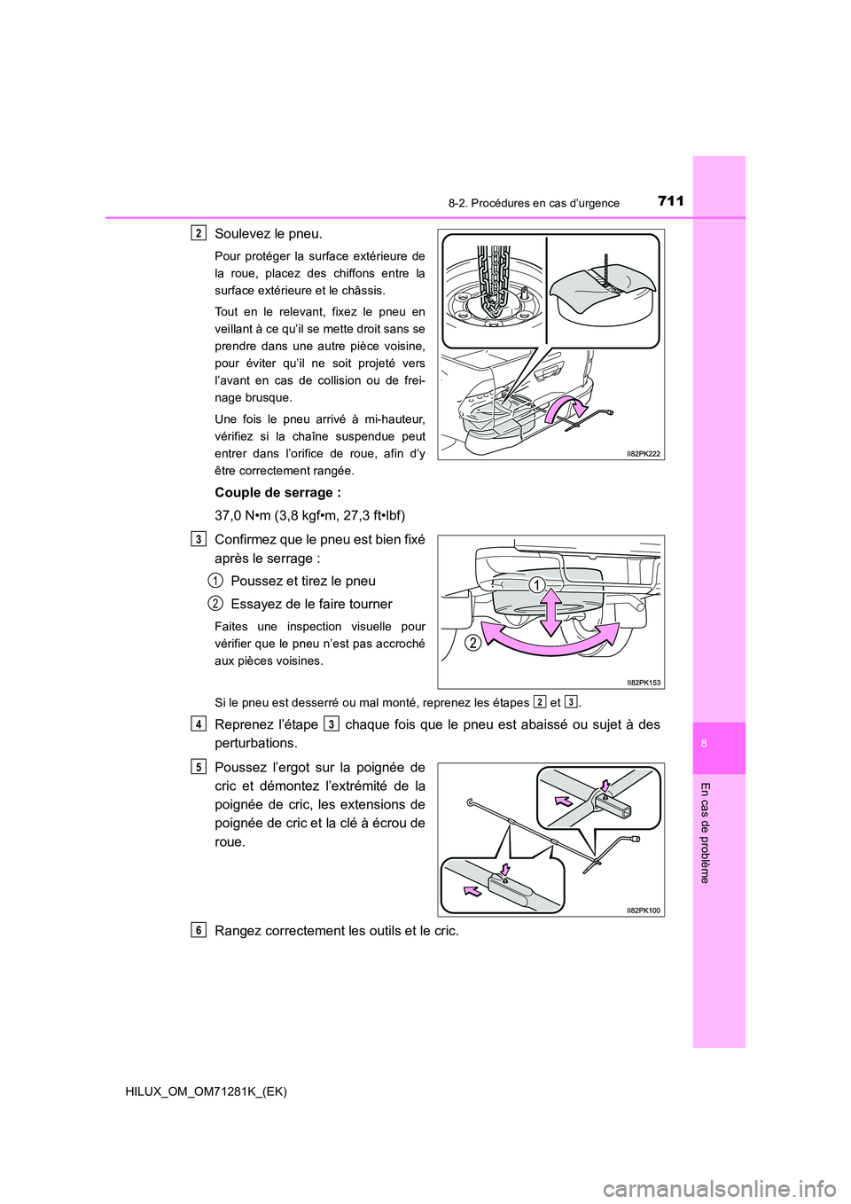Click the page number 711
click(x=671, y=201)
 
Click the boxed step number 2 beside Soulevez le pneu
click(x=199, y=233)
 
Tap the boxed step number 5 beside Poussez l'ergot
click(x=199, y=766)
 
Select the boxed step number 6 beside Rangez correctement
click(x=199, y=929)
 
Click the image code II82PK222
click(x=643, y=453)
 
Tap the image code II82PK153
click(x=643, y=682)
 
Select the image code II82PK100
click(x=643, y=910)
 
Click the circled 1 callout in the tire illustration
click(x=535, y=585)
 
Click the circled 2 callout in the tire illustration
click(x=472, y=642)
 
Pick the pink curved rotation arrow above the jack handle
click(x=565, y=410)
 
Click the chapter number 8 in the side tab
click(x=704, y=744)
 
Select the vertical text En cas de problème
click(x=705, y=833)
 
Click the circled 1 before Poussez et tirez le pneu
click(x=215, y=581)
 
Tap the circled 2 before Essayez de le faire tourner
click(x=215, y=604)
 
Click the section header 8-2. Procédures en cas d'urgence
click(x=534, y=203)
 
